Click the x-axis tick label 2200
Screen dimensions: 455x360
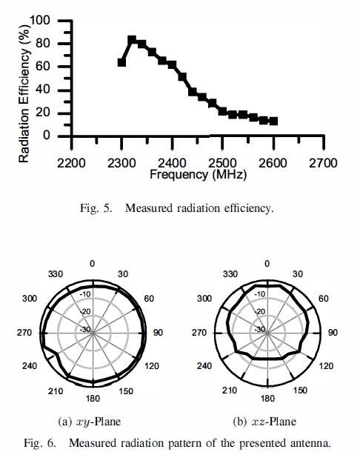(72, 163)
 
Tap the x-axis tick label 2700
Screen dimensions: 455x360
(324, 163)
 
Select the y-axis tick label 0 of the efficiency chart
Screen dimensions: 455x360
(46, 136)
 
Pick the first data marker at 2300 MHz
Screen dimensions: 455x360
(122, 62)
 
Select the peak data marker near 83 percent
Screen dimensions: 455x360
(132, 40)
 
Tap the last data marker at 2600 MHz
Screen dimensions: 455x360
(273, 121)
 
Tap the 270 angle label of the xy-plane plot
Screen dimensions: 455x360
(24, 333)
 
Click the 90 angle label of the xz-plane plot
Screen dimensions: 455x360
(333, 333)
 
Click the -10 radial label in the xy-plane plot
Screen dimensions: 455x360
(85, 294)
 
